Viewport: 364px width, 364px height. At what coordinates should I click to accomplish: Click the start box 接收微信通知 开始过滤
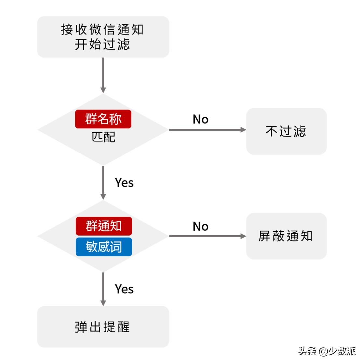pyautogui.click(x=103, y=37)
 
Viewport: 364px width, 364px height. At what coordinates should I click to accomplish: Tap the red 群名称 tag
pyautogui.click(x=103, y=119)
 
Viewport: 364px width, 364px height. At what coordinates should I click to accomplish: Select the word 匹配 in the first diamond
pyautogui.click(x=103, y=137)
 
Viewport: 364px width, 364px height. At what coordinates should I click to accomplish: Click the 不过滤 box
pyautogui.click(x=286, y=131)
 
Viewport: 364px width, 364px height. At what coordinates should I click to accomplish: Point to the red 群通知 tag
pyautogui.click(x=104, y=226)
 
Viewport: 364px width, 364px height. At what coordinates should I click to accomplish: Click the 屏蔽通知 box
pyautogui.click(x=286, y=236)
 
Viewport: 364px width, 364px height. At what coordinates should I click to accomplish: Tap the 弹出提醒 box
pyautogui.click(x=103, y=327)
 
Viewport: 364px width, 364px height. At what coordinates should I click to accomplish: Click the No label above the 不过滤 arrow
pyautogui.click(x=201, y=119)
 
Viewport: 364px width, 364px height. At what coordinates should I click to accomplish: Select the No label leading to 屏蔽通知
pyautogui.click(x=201, y=226)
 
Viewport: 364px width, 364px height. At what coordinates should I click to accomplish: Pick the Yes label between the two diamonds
pyautogui.click(x=124, y=183)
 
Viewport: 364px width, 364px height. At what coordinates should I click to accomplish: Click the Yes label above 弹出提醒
pyautogui.click(x=124, y=289)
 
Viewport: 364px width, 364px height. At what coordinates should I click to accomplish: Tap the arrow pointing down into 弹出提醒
pyautogui.click(x=103, y=289)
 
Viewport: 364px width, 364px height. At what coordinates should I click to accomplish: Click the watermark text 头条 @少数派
pyautogui.click(x=327, y=351)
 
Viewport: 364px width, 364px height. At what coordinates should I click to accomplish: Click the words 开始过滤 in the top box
pyautogui.click(x=102, y=45)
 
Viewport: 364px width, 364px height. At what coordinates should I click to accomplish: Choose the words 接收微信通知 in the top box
pyautogui.click(x=102, y=30)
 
